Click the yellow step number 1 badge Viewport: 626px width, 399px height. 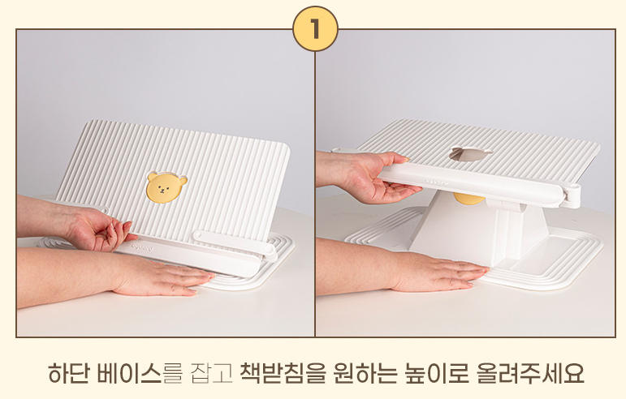point(315,28)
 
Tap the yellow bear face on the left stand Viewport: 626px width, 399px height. point(166,187)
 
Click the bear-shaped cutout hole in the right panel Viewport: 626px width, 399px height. point(470,153)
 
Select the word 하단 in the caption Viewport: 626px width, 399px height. point(68,374)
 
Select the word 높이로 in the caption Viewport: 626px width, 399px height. point(437,374)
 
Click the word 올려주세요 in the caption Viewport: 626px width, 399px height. point(531,374)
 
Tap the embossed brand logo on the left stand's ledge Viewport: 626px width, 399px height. point(145,249)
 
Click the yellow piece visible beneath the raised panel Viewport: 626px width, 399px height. point(469,198)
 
